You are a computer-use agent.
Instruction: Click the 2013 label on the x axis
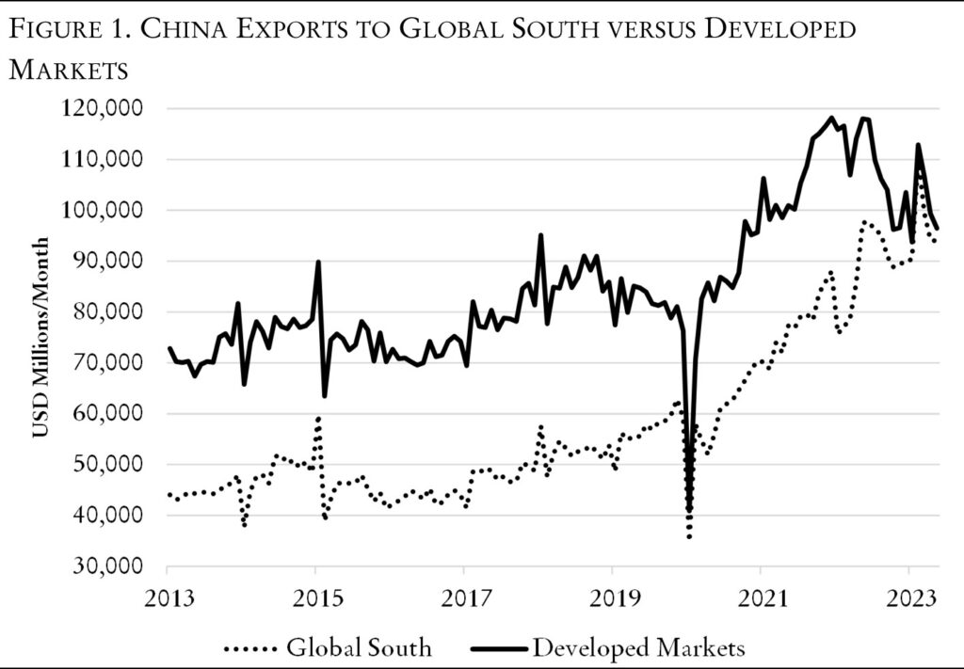coord(168,595)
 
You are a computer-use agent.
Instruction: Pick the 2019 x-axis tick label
coord(612,595)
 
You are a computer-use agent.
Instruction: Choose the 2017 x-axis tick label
coord(464,595)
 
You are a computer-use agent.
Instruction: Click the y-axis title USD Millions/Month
coord(40,338)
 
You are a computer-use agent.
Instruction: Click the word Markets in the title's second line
coord(66,69)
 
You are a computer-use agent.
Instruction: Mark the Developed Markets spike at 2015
coord(318,262)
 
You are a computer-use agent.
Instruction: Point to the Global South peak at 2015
coord(318,417)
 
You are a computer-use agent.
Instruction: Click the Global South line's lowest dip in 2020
coord(689,537)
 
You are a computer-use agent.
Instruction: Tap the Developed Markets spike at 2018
coord(540,235)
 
